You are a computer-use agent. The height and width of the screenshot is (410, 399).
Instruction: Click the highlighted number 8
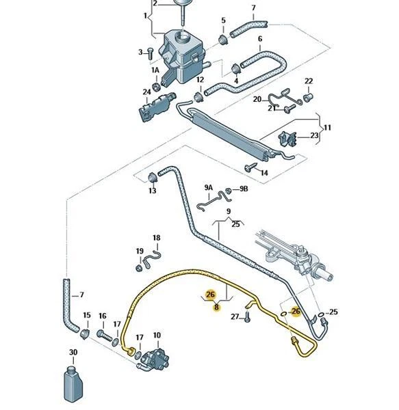tap(216, 307)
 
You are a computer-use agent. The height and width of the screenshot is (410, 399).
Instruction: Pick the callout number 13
tap(152, 191)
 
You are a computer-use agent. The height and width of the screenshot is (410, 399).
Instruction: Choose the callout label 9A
tap(208, 187)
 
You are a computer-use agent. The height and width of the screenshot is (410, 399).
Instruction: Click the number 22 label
tap(308, 81)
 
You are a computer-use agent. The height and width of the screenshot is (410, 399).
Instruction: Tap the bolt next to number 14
tap(247, 167)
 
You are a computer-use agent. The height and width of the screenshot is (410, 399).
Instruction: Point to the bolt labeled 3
tap(151, 52)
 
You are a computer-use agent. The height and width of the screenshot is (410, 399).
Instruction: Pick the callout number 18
tap(156, 238)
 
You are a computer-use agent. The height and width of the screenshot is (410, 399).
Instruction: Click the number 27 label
tap(234, 317)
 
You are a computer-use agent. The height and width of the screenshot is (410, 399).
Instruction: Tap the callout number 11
tap(327, 127)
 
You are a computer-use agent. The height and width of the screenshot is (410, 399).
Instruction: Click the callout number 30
tap(73, 353)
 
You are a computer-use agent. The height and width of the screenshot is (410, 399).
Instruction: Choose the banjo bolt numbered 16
tap(105, 335)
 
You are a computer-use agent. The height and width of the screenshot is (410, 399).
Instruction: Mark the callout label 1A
tap(155, 70)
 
